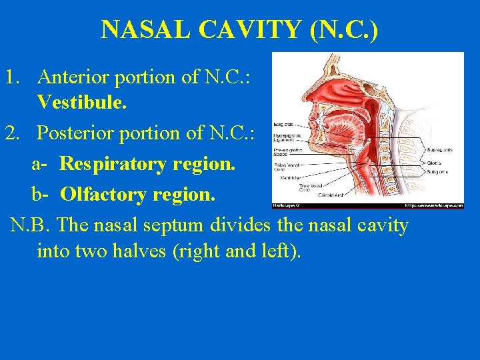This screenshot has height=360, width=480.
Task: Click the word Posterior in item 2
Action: click(x=73, y=133)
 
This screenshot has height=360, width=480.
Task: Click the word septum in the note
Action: click(x=171, y=225)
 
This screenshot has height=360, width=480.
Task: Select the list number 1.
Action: click(x=10, y=77)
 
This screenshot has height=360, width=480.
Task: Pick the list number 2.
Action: click(x=11, y=133)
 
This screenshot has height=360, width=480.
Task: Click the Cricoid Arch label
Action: click(x=330, y=195)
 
